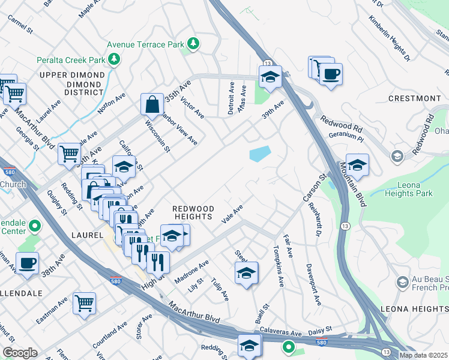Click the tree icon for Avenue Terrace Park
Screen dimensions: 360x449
193,44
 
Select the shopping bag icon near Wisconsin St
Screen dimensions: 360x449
152,103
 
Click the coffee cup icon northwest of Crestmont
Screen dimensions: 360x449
330,74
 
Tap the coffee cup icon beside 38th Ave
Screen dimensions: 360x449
26,263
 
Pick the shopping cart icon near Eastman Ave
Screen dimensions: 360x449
84,302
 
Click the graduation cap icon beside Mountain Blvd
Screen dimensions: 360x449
357,164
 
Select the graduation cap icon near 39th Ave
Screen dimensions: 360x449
270,76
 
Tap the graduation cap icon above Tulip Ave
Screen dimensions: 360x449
246,273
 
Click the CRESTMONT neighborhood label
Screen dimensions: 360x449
414,98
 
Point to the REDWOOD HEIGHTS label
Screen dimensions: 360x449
193,212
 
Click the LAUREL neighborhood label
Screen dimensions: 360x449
86,236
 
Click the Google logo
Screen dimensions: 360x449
20,353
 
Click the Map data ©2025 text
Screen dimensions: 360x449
423,355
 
